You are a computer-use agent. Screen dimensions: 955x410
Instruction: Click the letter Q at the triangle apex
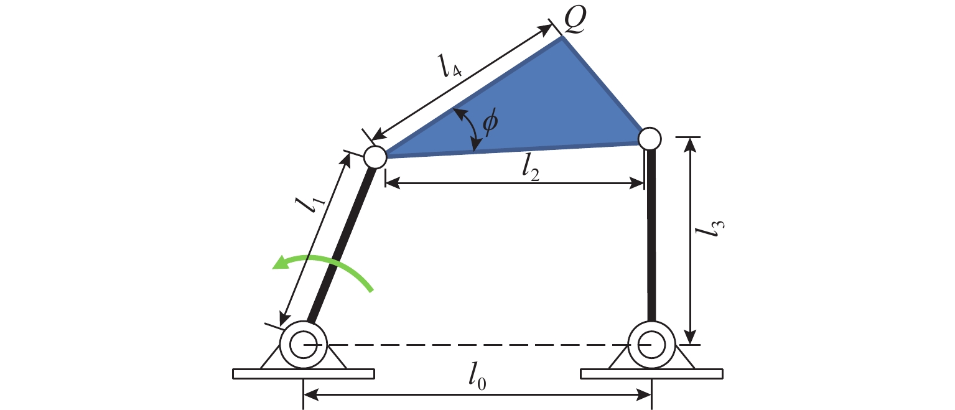click(x=575, y=20)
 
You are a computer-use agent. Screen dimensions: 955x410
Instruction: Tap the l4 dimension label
click(x=450, y=67)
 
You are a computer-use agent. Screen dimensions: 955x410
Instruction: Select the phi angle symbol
click(x=490, y=122)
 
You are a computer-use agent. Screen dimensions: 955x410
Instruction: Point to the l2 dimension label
click(x=531, y=167)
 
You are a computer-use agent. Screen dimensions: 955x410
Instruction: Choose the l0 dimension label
click(x=477, y=378)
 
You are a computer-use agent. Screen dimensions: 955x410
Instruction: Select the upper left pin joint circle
click(x=375, y=157)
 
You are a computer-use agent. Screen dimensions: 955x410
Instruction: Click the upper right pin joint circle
click(x=650, y=139)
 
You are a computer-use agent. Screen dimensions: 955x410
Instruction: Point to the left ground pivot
click(x=303, y=345)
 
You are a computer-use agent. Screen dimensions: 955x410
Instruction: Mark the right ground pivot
click(x=651, y=345)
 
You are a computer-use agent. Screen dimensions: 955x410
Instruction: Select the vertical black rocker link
click(x=651, y=235)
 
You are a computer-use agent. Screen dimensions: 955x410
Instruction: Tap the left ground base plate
click(x=304, y=374)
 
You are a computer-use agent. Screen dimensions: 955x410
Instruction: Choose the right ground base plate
click(x=651, y=374)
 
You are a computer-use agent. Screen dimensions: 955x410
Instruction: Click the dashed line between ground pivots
click(x=478, y=345)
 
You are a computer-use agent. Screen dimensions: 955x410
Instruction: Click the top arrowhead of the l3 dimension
click(x=691, y=145)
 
